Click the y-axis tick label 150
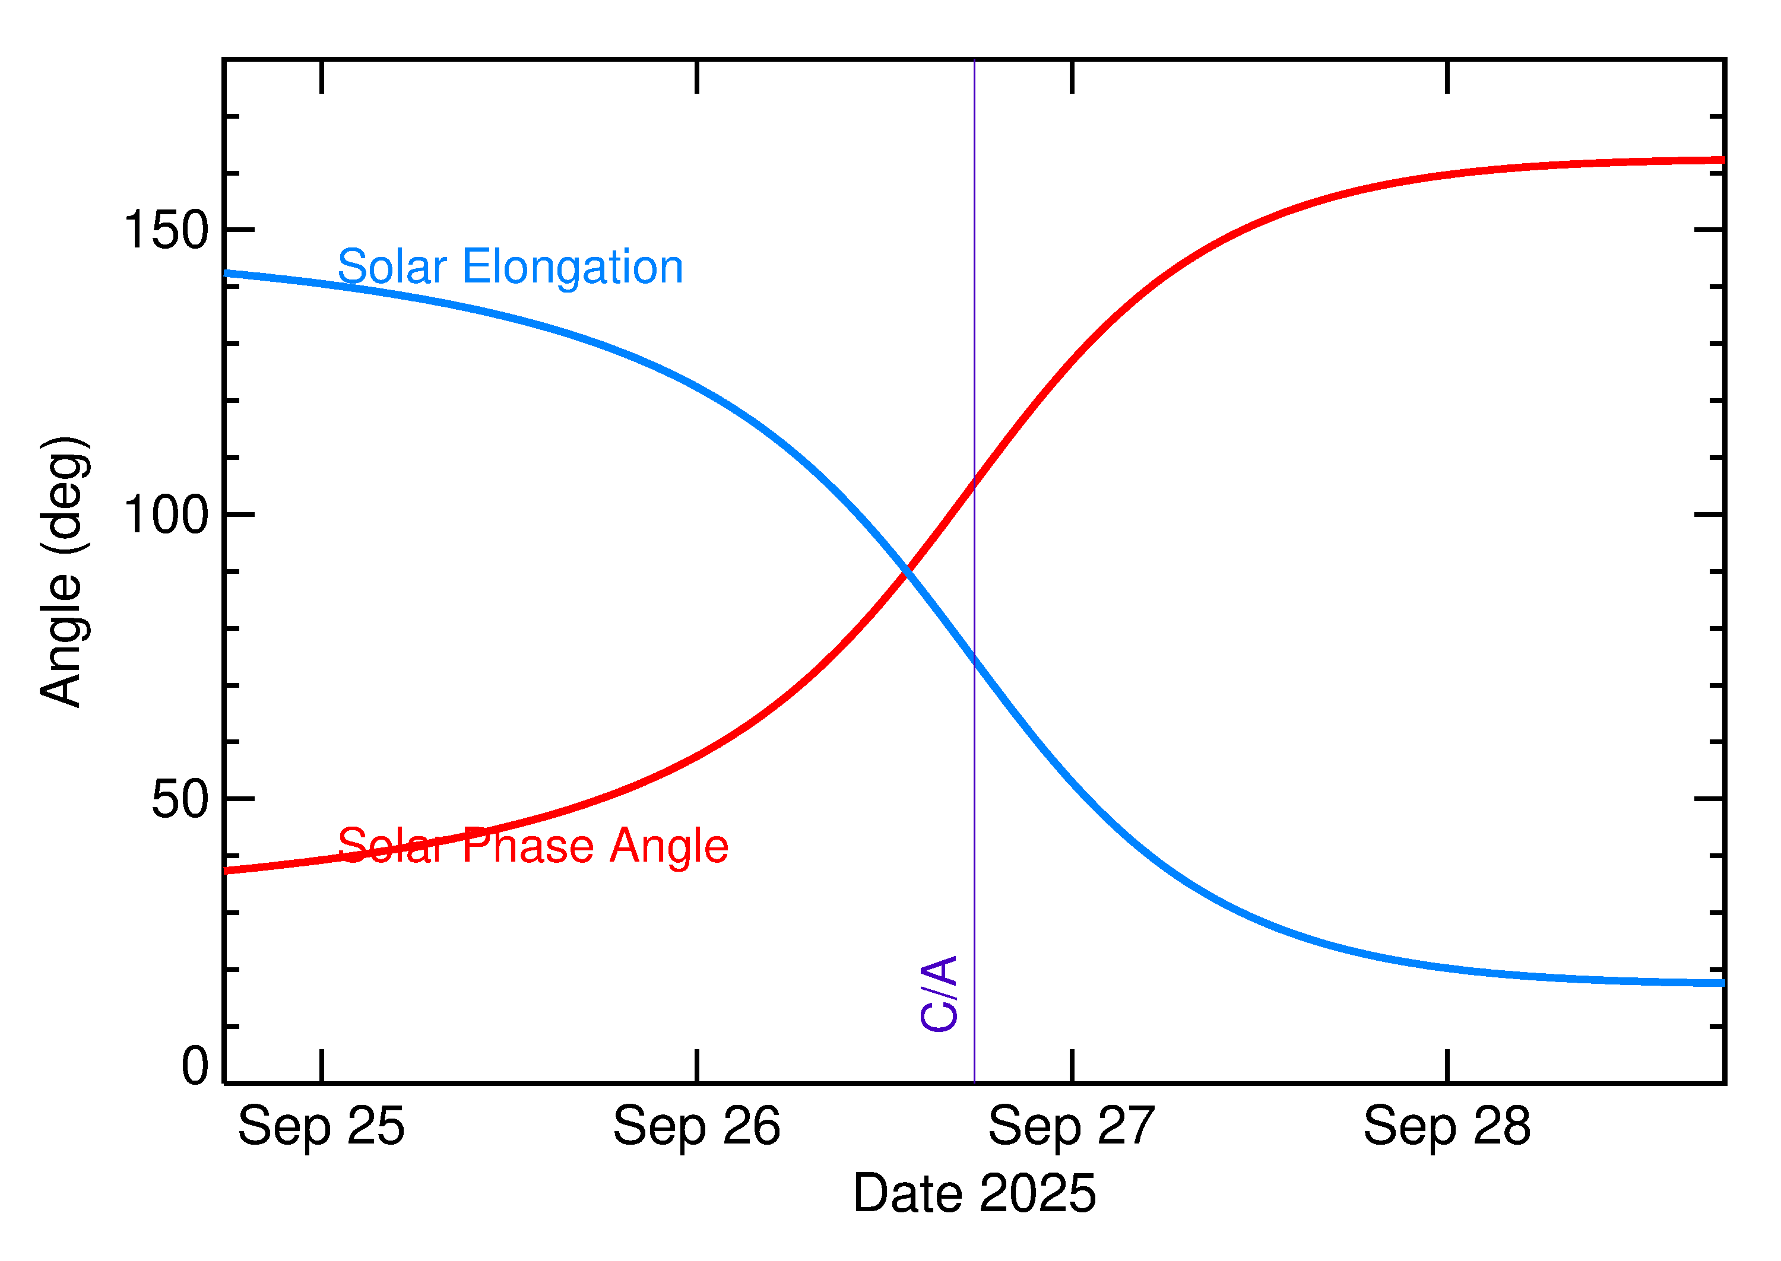pyautogui.click(x=166, y=231)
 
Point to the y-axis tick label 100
pyautogui.click(x=166, y=515)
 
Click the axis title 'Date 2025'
pyautogui.click(x=974, y=1193)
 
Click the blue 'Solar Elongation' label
pyautogui.click(x=511, y=267)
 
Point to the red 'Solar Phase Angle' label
pyautogui.click(x=533, y=846)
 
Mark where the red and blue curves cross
pyautogui.click(x=906, y=572)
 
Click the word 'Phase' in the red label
pyautogui.click(x=529, y=846)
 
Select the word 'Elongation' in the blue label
pyautogui.click(x=572, y=267)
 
